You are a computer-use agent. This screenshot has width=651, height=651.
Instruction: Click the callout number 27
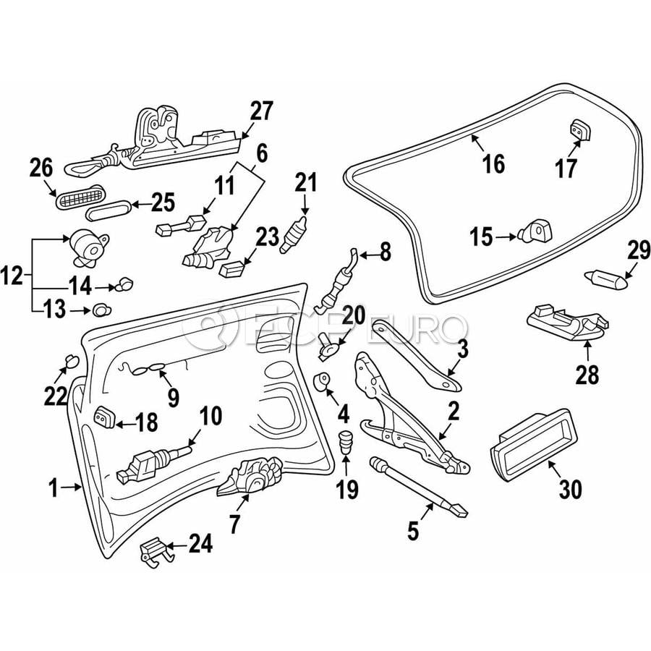tap(262, 111)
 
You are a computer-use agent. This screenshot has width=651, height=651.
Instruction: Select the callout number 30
tap(570, 490)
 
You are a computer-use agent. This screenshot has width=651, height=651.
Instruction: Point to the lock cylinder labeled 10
tap(152, 461)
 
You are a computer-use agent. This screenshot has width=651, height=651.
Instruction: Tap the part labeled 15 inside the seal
tap(537, 231)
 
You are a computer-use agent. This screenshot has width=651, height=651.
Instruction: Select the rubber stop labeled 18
tap(104, 417)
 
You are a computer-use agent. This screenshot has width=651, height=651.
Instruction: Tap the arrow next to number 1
tap(72, 488)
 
